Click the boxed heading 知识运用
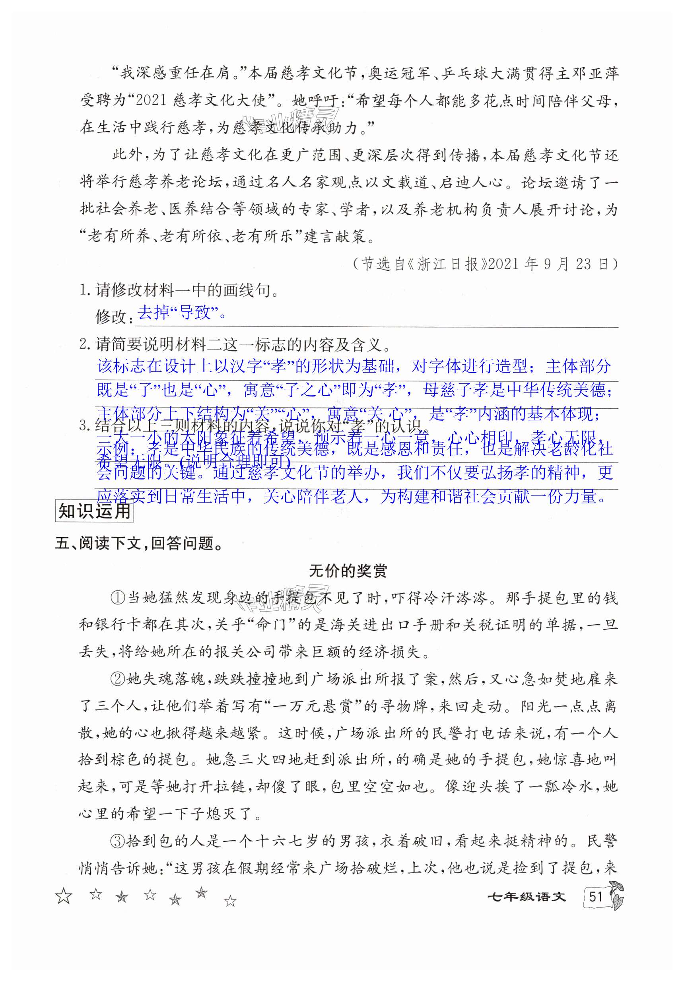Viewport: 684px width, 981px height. tap(94, 511)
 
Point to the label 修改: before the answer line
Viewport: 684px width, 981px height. tap(110, 317)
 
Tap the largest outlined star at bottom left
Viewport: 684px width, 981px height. tap(64, 896)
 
